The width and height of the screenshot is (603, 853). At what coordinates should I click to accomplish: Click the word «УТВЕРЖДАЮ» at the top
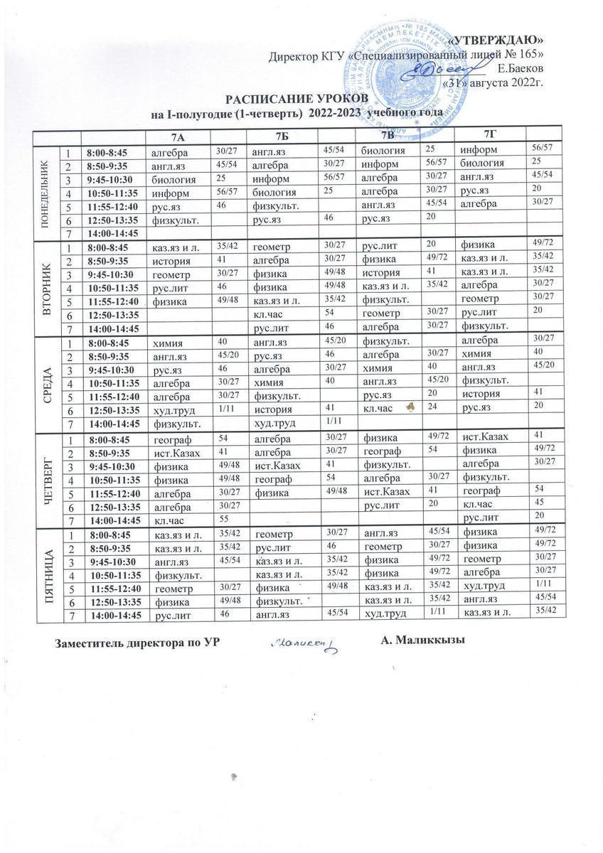[500, 38]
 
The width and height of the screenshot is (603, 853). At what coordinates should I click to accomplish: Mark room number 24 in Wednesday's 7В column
[429, 405]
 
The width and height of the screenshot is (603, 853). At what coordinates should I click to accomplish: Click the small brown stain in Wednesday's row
[410, 407]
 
